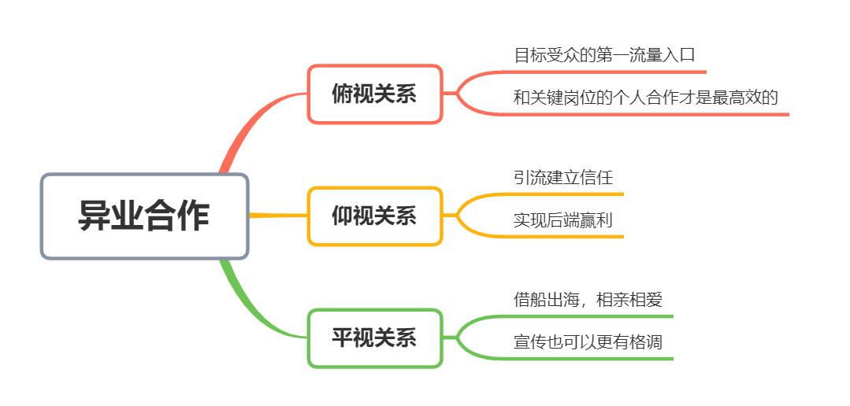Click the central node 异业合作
pyautogui.click(x=145, y=216)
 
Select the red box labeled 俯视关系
pyautogui.click(x=375, y=94)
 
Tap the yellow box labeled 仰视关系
pyautogui.click(x=375, y=216)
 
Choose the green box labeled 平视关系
pyautogui.click(x=375, y=338)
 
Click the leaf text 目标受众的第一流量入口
pyautogui.click(x=604, y=55)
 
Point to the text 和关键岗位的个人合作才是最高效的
pyautogui.click(x=646, y=98)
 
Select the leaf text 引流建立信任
pyautogui.click(x=563, y=178)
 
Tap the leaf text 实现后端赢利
pyautogui.click(x=563, y=220)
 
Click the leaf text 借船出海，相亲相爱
pyautogui.click(x=588, y=299)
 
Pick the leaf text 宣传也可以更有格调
pyautogui.click(x=588, y=342)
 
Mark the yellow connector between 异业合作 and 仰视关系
pyautogui.click(x=278, y=216)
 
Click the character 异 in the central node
pyautogui.click(x=95, y=216)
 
